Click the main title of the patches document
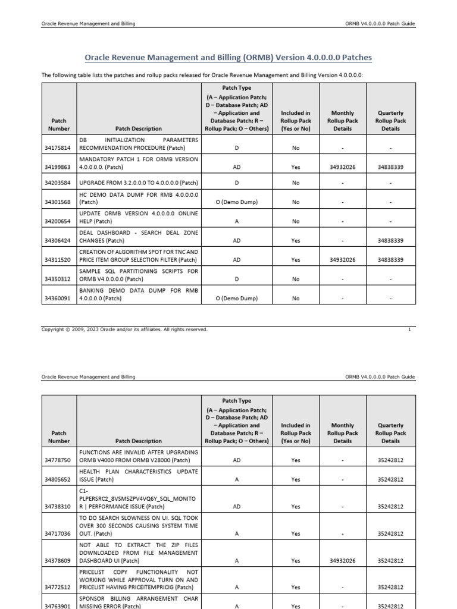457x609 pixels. click(228, 58)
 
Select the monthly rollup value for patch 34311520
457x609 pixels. click(343, 260)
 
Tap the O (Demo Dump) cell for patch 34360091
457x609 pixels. click(237, 299)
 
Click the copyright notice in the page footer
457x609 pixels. click(124, 329)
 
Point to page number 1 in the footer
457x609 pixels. click(409, 329)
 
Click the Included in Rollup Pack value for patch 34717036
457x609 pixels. click(296, 533)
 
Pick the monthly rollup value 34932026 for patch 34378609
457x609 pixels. click(343, 560)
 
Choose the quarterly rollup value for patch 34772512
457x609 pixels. click(390, 587)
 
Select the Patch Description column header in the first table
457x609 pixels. click(139, 128)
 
